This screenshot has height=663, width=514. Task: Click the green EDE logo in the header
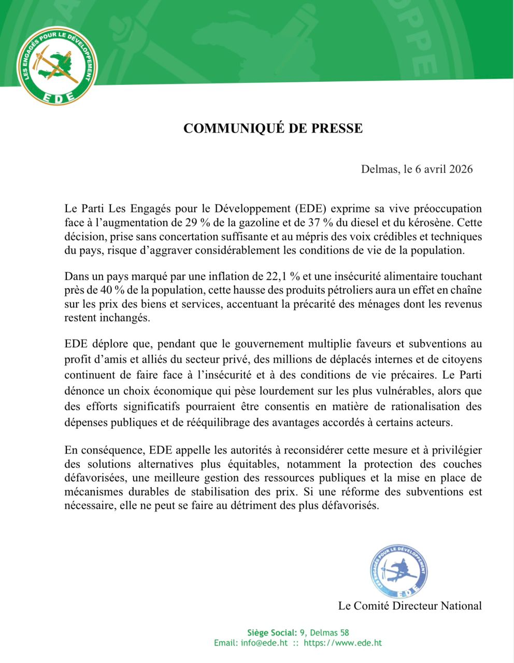[58, 66]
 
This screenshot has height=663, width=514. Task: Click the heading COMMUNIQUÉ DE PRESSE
[273, 128]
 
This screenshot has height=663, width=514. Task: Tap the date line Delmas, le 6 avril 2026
[417, 169]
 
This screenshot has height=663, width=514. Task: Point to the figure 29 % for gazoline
[195, 223]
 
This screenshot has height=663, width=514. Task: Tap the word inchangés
[125, 318]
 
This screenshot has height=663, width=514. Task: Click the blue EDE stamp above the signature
[399, 573]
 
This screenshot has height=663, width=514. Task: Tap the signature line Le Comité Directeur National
[409, 606]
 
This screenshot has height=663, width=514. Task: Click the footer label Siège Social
[272, 632]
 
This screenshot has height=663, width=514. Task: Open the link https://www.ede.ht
[342, 643]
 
